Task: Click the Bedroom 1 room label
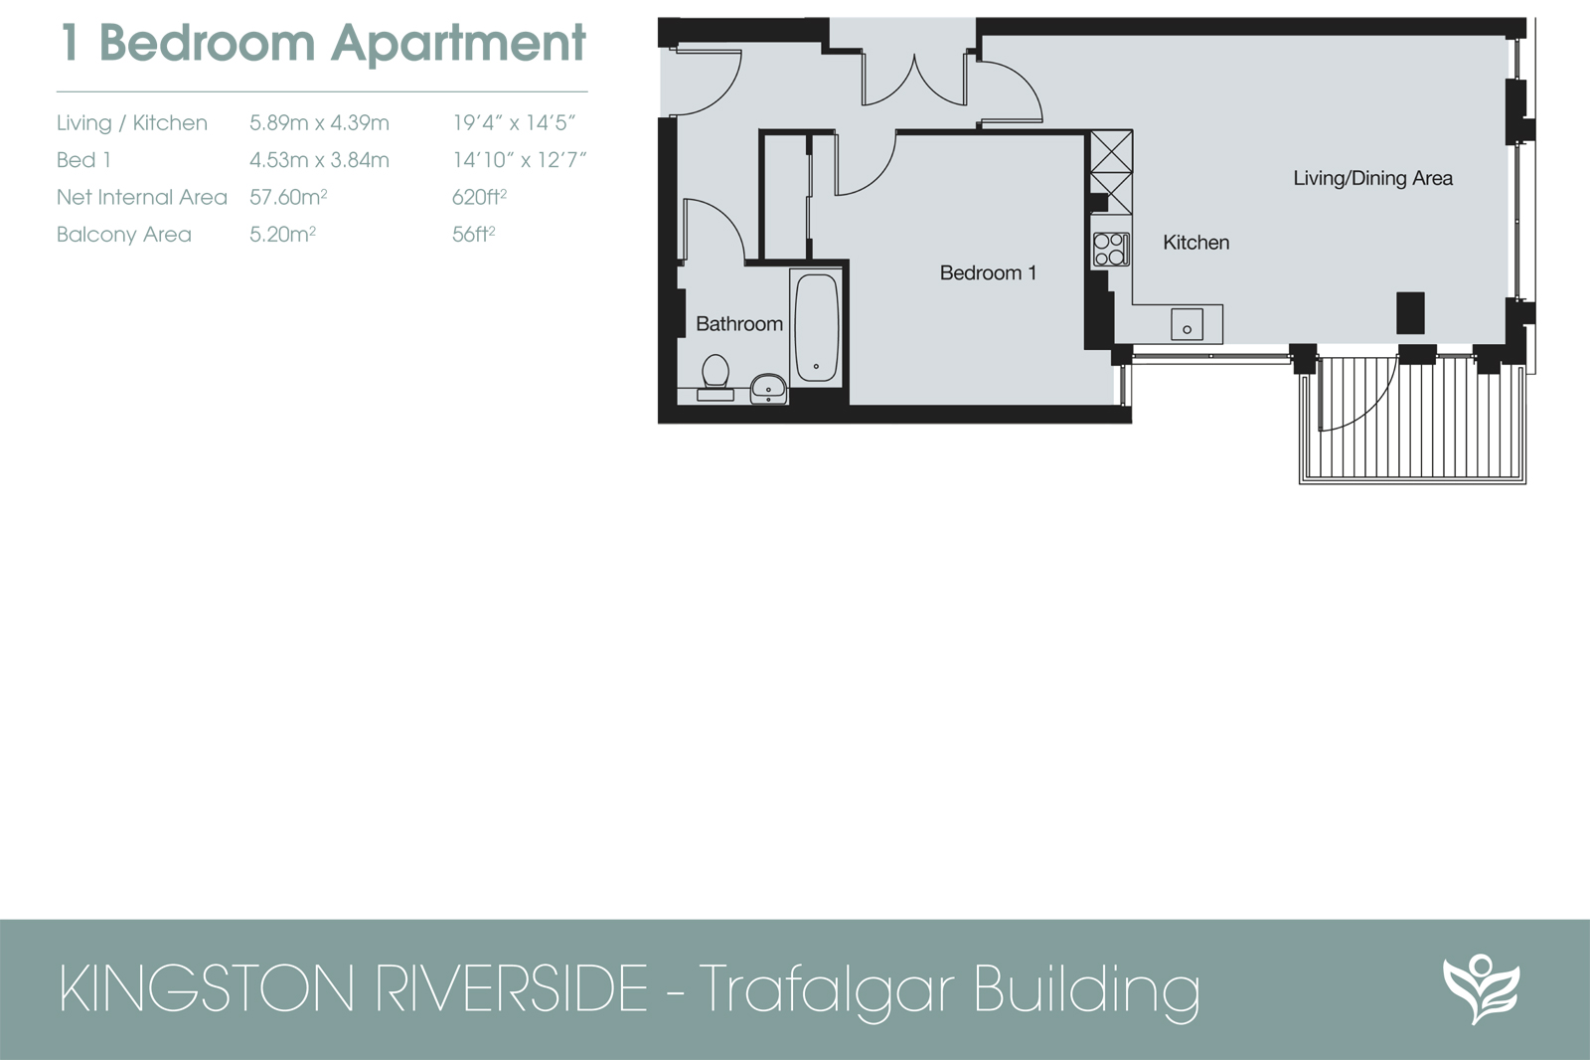tap(988, 272)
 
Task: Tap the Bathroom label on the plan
tap(738, 323)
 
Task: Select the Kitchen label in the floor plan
tap(1195, 242)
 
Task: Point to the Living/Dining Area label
tap(1372, 178)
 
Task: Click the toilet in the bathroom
tap(715, 373)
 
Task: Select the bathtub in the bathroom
tap(816, 328)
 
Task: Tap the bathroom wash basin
tap(767, 388)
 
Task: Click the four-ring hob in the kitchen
tap(1110, 249)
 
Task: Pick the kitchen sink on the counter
tap(1187, 324)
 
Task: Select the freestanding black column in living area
tap(1410, 312)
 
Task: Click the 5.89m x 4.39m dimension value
tap(319, 123)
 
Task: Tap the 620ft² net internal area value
tap(479, 197)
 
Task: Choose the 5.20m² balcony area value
tap(282, 235)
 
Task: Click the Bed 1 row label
tap(83, 160)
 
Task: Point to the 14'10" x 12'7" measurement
tap(519, 160)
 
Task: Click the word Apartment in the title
tap(458, 43)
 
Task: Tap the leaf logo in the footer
tap(1480, 988)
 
